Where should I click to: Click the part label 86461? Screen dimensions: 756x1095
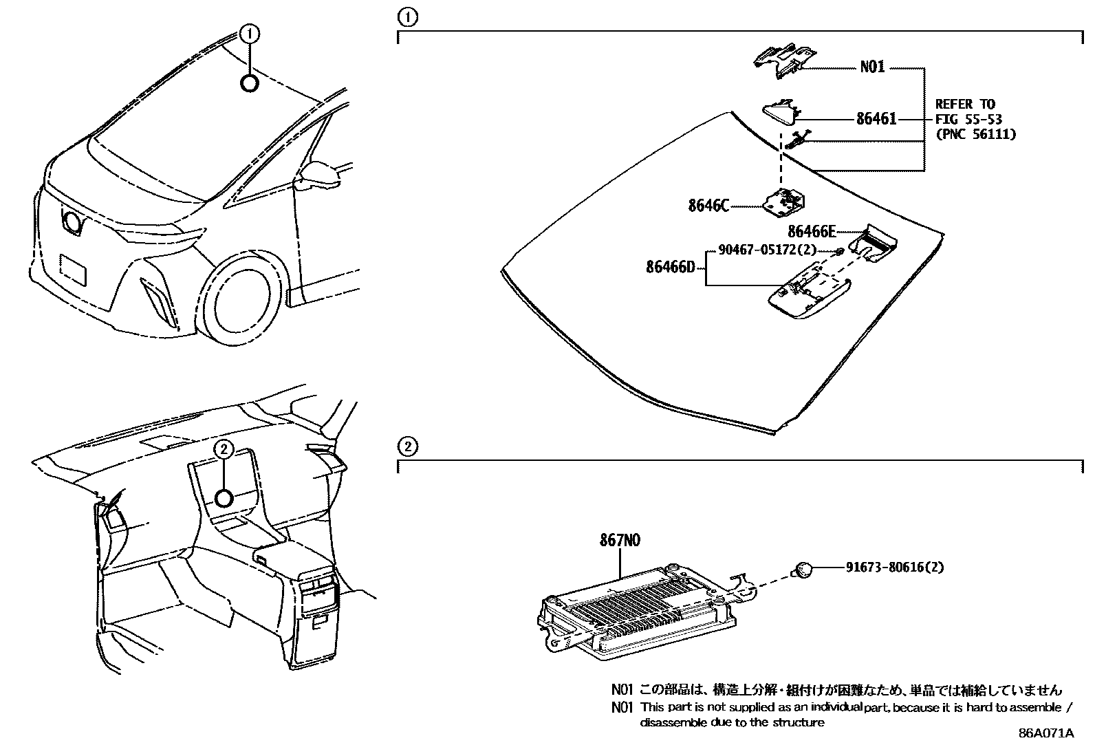[x=876, y=119]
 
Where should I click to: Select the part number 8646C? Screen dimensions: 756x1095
[x=708, y=205]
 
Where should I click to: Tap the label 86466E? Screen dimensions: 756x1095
[x=812, y=231]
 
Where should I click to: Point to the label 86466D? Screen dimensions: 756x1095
[x=671, y=266]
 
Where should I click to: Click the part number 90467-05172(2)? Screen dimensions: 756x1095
[x=767, y=250]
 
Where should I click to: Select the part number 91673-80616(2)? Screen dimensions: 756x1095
[x=894, y=568]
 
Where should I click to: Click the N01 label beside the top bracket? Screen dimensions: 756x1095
[x=872, y=67]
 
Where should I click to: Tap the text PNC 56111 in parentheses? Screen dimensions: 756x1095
[x=975, y=134]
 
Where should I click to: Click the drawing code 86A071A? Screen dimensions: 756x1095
[x=1045, y=733]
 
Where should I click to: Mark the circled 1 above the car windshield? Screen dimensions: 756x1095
[x=250, y=32]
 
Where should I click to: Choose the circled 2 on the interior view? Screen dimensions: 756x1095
[x=224, y=449]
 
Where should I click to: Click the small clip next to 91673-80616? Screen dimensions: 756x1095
[x=804, y=569]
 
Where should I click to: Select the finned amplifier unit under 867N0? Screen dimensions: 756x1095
[x=633, y=605]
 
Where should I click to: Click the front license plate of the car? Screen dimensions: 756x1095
[x=74, y=270]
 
